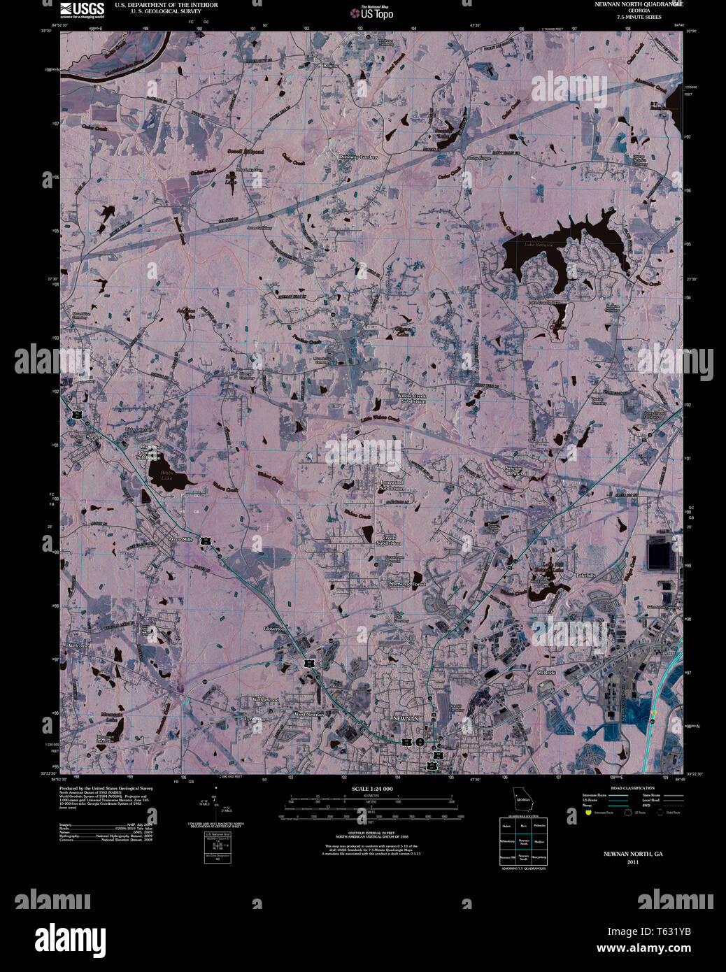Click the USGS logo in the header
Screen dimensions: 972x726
coord(82,10)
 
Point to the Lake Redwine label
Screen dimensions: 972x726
coord(539,245)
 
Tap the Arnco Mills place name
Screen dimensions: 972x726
coord(178,540)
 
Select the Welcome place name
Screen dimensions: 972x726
coord(78,645)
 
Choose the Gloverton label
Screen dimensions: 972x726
coord(273,629)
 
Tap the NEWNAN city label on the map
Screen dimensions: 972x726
coord(406,719)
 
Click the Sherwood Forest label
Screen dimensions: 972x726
coord(407,583)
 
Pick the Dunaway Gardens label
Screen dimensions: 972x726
coord(359,157)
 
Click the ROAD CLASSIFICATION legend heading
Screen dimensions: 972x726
coord(632,788)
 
